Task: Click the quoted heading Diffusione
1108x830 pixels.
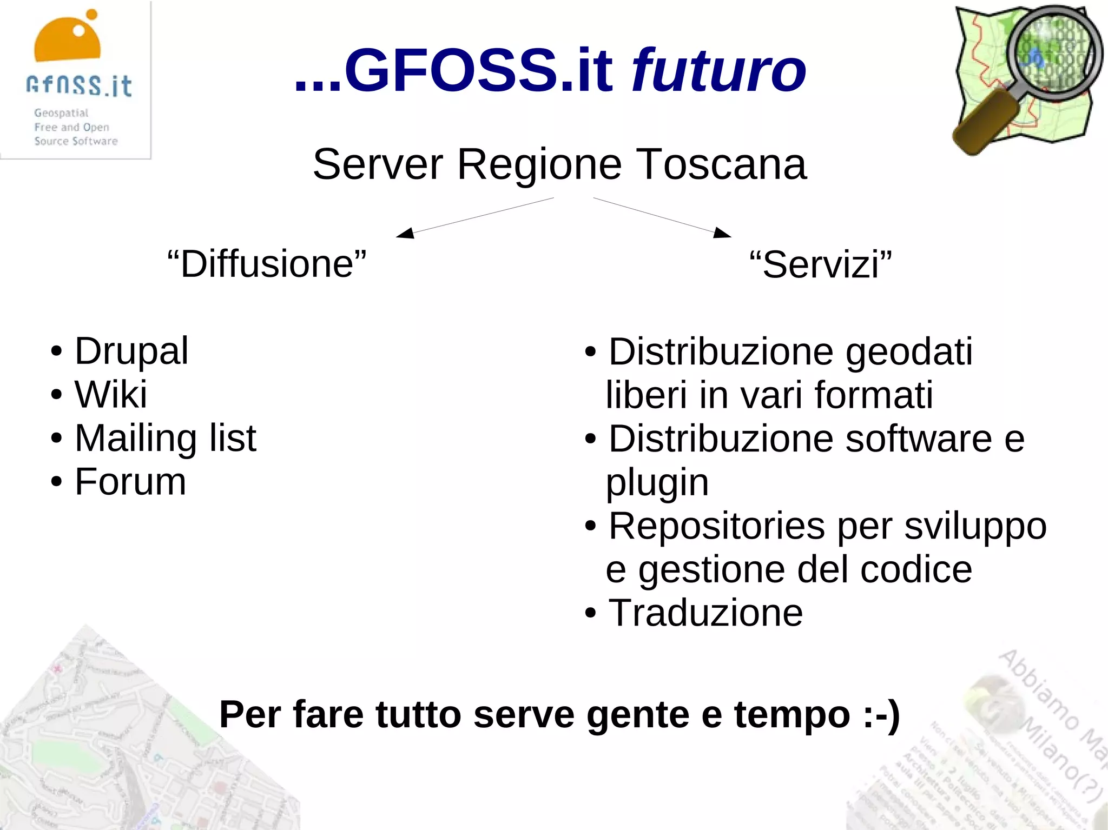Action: (267, 264)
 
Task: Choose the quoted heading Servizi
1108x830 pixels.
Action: (821, 265)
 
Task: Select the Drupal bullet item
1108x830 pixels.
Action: (131, 351)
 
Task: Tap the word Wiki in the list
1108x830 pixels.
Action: (111, 394)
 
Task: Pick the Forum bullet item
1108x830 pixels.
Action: (130, 482)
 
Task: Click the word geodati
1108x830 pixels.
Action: (909, 353)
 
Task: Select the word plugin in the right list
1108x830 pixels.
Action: (657, 482)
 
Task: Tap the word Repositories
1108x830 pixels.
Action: (717, 526)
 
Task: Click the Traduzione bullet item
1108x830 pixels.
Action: (705, 613)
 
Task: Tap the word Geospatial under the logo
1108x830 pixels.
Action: (61, 113)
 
